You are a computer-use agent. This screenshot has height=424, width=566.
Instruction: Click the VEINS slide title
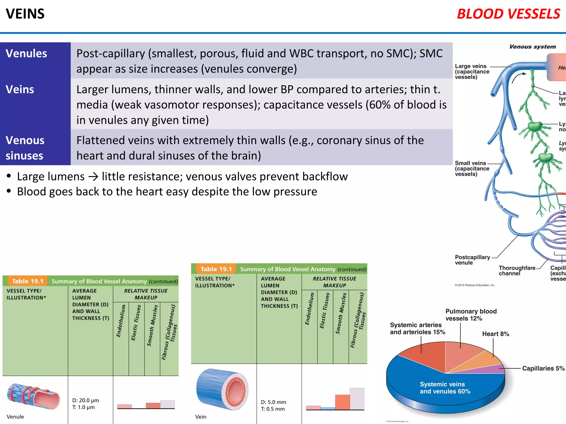[x=25, y=14]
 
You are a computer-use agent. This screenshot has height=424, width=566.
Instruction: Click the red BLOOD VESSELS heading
[x=508, y=14]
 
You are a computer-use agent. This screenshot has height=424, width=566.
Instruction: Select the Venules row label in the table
[x=27, y=54]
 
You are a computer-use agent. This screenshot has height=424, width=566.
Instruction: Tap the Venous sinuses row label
[x=25, y=148]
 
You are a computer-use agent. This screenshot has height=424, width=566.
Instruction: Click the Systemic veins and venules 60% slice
[x=445, y=388]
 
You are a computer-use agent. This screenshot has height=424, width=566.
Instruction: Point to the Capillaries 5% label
[x=543, y=368]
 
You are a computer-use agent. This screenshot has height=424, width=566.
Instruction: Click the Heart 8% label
[x=496, y=334]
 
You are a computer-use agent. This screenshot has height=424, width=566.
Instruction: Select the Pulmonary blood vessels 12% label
[x=471, y=315]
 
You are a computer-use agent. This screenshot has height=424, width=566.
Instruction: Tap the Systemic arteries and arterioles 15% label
[x=417, y=328]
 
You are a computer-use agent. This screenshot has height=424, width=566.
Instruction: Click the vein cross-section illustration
[x=222, y=389]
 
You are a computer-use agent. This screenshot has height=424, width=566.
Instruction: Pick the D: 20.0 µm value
[x=86, y=400]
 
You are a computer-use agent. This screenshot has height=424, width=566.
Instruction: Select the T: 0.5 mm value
[x=272, y=409]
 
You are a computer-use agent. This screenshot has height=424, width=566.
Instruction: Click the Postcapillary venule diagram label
[x=472, y=260]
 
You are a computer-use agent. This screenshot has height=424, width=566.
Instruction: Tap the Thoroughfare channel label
[x=517, y=271]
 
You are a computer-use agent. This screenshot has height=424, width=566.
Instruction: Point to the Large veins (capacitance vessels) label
[x=472, y=71]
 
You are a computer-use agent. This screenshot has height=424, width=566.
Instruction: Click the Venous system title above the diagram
[x=532, y=47]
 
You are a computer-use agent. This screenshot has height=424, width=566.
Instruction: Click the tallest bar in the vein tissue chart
[x=357, y=399]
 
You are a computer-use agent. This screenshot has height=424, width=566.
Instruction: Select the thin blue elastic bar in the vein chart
[x=328, y=408]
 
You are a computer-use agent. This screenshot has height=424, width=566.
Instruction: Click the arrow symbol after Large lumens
[x=93, y=177]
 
